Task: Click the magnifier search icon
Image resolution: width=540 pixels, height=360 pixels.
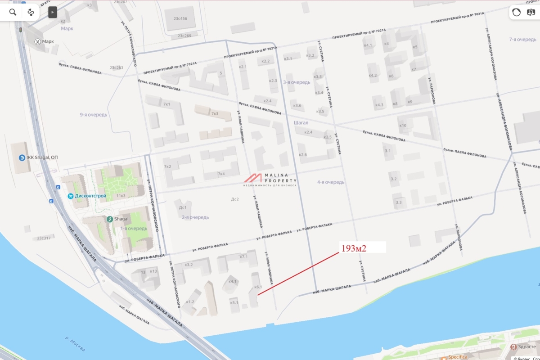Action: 13,12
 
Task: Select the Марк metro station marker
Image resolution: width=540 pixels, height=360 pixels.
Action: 37,41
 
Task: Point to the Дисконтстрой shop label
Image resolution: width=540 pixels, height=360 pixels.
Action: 90,196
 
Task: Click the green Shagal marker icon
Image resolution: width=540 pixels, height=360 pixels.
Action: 109,219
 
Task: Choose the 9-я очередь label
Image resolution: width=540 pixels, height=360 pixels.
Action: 94,115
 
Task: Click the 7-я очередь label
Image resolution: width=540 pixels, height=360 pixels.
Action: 522,40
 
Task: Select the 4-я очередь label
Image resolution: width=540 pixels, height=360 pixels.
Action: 331,182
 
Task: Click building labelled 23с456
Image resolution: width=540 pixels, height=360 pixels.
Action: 180,19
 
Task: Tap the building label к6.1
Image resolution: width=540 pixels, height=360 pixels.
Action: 258,287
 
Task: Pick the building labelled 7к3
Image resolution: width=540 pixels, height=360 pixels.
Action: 215,114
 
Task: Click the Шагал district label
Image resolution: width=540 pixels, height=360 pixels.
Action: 300,122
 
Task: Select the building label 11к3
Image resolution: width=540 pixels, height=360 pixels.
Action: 121,196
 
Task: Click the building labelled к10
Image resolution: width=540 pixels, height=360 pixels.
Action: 403,125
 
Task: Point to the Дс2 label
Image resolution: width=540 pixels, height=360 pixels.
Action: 234,199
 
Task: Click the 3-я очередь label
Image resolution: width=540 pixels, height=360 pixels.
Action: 297,82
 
